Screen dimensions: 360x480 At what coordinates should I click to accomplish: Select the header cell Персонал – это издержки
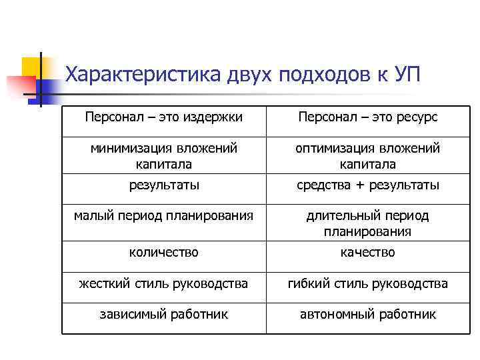click(164, 117)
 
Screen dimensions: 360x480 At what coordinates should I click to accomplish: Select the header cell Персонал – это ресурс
click(368, 117)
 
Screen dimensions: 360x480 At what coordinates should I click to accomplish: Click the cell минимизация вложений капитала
click(164, 155)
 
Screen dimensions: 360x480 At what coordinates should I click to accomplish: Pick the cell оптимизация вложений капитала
click(368, 155)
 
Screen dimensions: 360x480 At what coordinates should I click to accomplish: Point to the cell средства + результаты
click(368, 185)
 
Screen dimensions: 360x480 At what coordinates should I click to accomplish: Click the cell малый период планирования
click(164, 215)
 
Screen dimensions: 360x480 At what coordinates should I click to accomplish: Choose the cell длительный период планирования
click(368, 223)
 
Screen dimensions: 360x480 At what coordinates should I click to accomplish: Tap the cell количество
click(164, 252)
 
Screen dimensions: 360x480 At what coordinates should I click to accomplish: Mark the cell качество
click(368, 252)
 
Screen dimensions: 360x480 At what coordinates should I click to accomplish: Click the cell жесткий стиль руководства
click(164, 284)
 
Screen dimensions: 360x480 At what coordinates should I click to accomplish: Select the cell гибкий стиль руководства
click(368, 284)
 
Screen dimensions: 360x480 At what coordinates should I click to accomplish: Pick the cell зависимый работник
click(164, 313)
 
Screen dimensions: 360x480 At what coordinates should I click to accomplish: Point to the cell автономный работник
click(368, 313)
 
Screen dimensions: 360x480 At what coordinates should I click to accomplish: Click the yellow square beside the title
click(32, 68)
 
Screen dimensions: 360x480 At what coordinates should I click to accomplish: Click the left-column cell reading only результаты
click(164, 185)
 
